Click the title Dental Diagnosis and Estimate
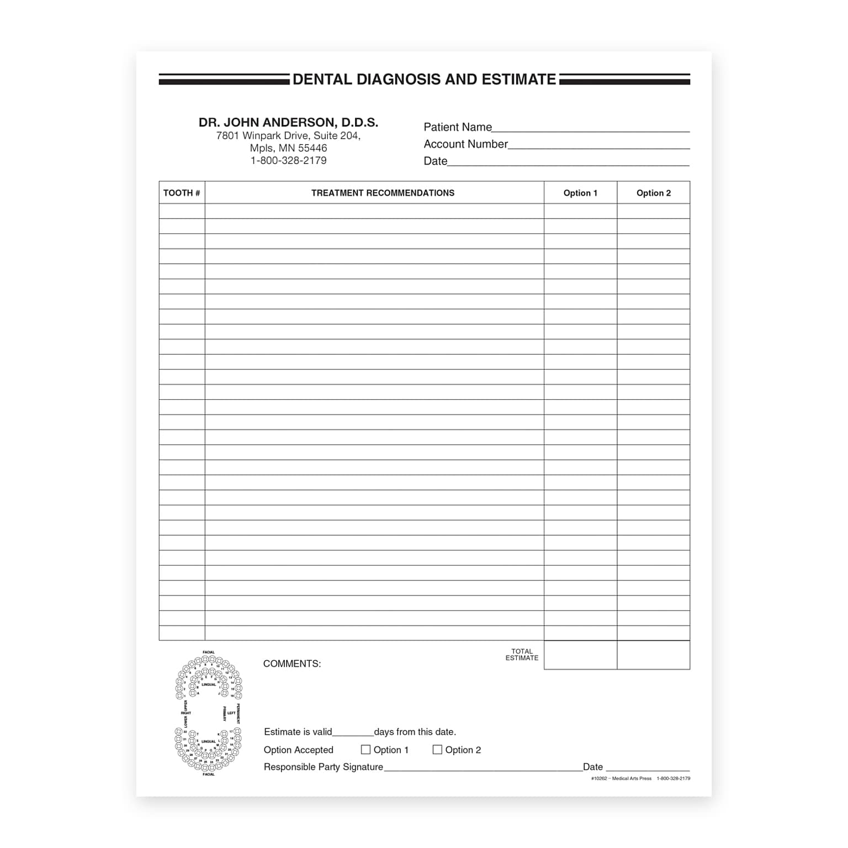(x=424, y=79)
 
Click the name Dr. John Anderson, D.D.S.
(x=288, y=123)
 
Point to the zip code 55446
(x=312, y=148)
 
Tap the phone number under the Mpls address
(x=288, y=161)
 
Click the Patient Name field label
(x=457, y=127)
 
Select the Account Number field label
(x=465, y=144)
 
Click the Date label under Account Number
(x=435, y=161)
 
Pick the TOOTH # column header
(x=182, y=193)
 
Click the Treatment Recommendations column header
(x=383, y=193)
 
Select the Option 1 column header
(x=580, y=193)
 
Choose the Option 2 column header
(x=654, y=193)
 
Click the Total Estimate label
(x=522, y=655)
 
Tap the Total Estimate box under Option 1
(x=580, y=655)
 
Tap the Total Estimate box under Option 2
(x=654, y=655)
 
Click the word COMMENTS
(x=291, y=664)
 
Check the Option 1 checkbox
(x=365, y=750)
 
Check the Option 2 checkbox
(x=437, y=750)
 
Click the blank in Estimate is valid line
(x=353, y=733)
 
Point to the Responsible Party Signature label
(x=323, y=767)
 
